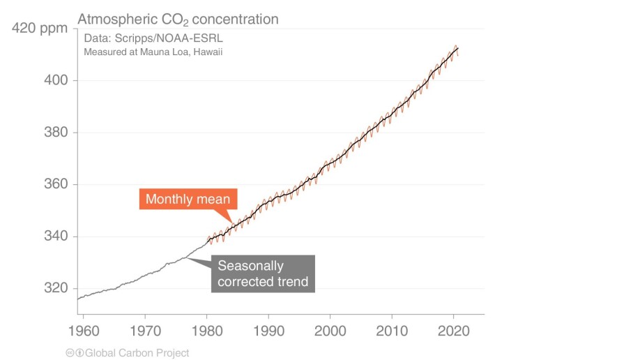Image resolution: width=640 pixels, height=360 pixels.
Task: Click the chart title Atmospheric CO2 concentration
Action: [177, 19]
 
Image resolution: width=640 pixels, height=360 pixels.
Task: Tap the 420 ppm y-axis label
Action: [40, 29]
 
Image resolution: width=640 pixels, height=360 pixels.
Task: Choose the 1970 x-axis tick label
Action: [145, 327]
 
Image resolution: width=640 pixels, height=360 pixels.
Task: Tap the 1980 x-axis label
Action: [207, 327]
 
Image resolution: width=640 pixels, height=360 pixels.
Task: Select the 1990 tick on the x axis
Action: [268, 327]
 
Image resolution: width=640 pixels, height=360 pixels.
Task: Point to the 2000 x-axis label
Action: [330, 327]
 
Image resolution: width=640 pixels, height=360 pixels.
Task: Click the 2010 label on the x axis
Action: [392, 327]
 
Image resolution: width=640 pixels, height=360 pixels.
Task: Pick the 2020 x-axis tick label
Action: [454, 327]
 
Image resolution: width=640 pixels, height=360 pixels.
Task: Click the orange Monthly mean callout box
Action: [188, 200]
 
